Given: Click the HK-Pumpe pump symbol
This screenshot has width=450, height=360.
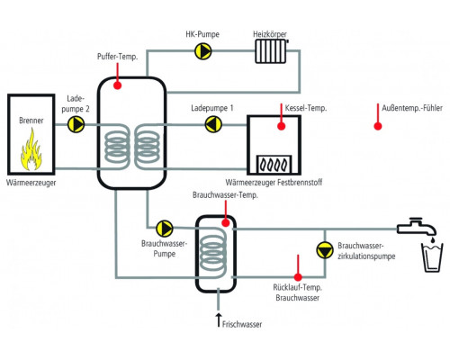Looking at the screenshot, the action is pyautogui.click(x=203, y=51).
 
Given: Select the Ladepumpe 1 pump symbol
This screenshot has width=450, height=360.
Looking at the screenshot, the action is pyautogui.click(x=213, y=124).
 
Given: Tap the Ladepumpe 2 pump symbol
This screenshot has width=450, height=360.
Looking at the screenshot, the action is pyautogui.click(x=76, y=124).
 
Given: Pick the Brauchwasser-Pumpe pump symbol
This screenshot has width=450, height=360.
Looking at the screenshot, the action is pyautogui.click(x=165, y=229).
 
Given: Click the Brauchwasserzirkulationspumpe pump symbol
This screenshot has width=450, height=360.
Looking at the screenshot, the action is pyautogui.click(x=325, y=249).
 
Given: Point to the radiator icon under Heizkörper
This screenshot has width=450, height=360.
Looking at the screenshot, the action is pyautogui.click(x=271, y=51).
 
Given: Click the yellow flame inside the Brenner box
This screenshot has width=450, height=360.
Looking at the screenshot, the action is pyautogui.click(x=31, y=149).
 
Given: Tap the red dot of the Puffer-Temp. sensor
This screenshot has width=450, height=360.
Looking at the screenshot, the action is pyautogui.click(x=118, y=85).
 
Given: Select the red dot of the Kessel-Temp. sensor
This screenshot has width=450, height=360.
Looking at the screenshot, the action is pyautogui.click(x=281, y=126).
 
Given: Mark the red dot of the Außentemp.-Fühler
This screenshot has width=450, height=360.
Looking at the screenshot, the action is pyautogui.click(x=378, y=126).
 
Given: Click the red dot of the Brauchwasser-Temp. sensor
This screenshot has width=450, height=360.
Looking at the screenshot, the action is pyautogui.click(x=226, y=223).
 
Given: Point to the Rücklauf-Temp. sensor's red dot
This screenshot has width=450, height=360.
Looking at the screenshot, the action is pyautogui.click(x=298, y=277).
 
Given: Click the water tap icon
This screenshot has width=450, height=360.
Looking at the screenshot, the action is pyautogui.click(x=417, y=227).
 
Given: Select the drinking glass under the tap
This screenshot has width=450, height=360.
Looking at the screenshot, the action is pyautogui.click(x=432, y=257).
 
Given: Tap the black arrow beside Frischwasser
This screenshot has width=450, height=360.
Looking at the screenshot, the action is pyautogui.click(x=219, y=320).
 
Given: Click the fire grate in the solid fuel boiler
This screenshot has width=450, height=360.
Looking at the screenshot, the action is pyautogui.click(x=274, y=165).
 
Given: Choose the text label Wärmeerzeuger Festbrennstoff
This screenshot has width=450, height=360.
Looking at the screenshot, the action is pyautogui.click(x=274, y=182).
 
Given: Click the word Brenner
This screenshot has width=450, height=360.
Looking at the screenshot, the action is pyautogui.click(x=31, y=121).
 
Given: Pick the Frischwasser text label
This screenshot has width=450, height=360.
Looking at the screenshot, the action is pyautogui.click(x=242, y=324).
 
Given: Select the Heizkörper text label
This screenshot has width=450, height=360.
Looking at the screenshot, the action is pyautogui.click(x=270, y=34).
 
